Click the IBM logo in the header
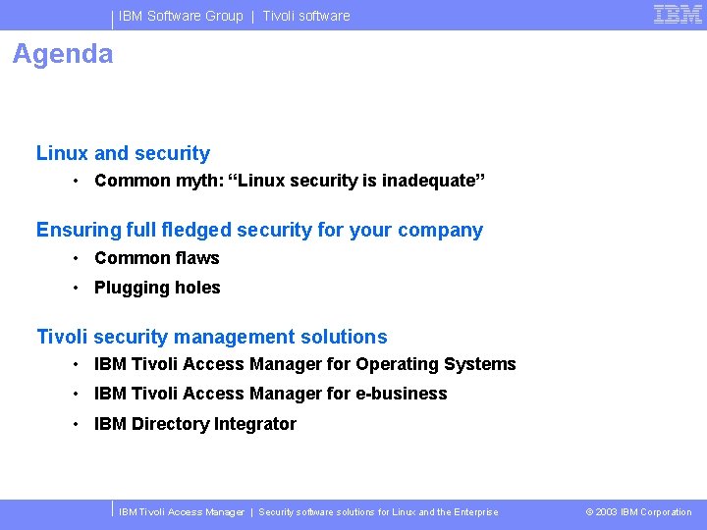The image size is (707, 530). point(678,14)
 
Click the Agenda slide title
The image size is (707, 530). point(63,54)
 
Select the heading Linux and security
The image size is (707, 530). point(123,153)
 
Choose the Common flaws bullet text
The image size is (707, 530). point(157,258)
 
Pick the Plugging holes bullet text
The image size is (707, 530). point(157,288)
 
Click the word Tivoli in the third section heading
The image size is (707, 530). point(62,337)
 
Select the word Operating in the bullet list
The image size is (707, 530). point(397,364)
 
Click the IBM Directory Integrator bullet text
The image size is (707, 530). point(194,424)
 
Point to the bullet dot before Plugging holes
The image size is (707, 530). point(76,289)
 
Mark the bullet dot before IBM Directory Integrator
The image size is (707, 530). point(76,425)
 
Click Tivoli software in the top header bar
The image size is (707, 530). point(305,16)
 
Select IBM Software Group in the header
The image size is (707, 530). point(181,16)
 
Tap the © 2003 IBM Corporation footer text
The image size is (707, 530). point(638,512)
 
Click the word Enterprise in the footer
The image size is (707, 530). point(474,512)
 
